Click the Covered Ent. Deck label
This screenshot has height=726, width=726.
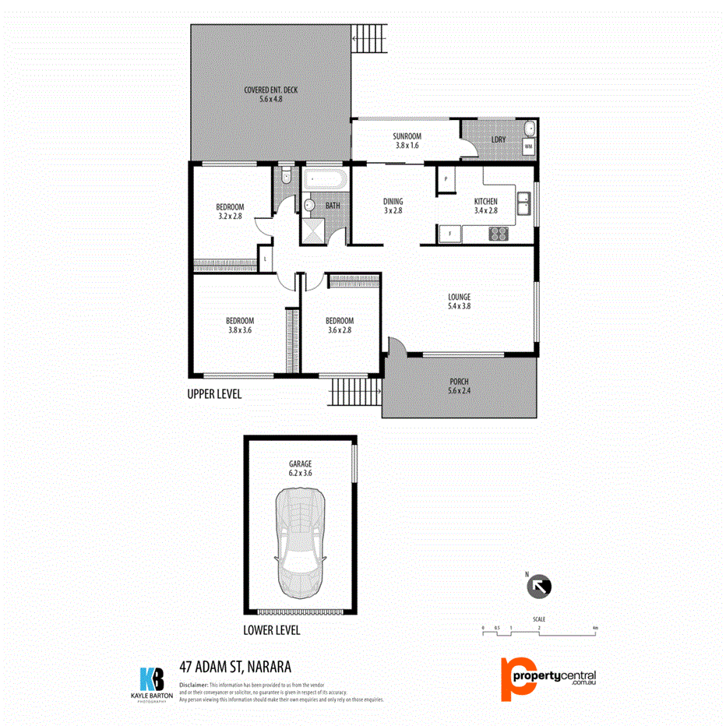(269, 94)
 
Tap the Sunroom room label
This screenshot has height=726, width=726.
(406, 139)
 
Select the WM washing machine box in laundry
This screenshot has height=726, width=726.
(528, 146)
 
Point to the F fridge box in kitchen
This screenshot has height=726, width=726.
(449, 233)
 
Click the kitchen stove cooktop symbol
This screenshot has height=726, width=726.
(499, 233)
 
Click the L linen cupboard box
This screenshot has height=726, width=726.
(266, 259)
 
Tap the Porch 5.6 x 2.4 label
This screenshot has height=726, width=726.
(459, 386)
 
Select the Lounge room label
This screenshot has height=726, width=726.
(459, 301)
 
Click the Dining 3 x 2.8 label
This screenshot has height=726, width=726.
(393, 206)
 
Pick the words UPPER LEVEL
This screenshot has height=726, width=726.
(214, 394)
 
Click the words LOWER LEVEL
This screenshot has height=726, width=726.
(271, 630)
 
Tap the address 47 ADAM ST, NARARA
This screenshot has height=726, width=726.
(236, 667)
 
